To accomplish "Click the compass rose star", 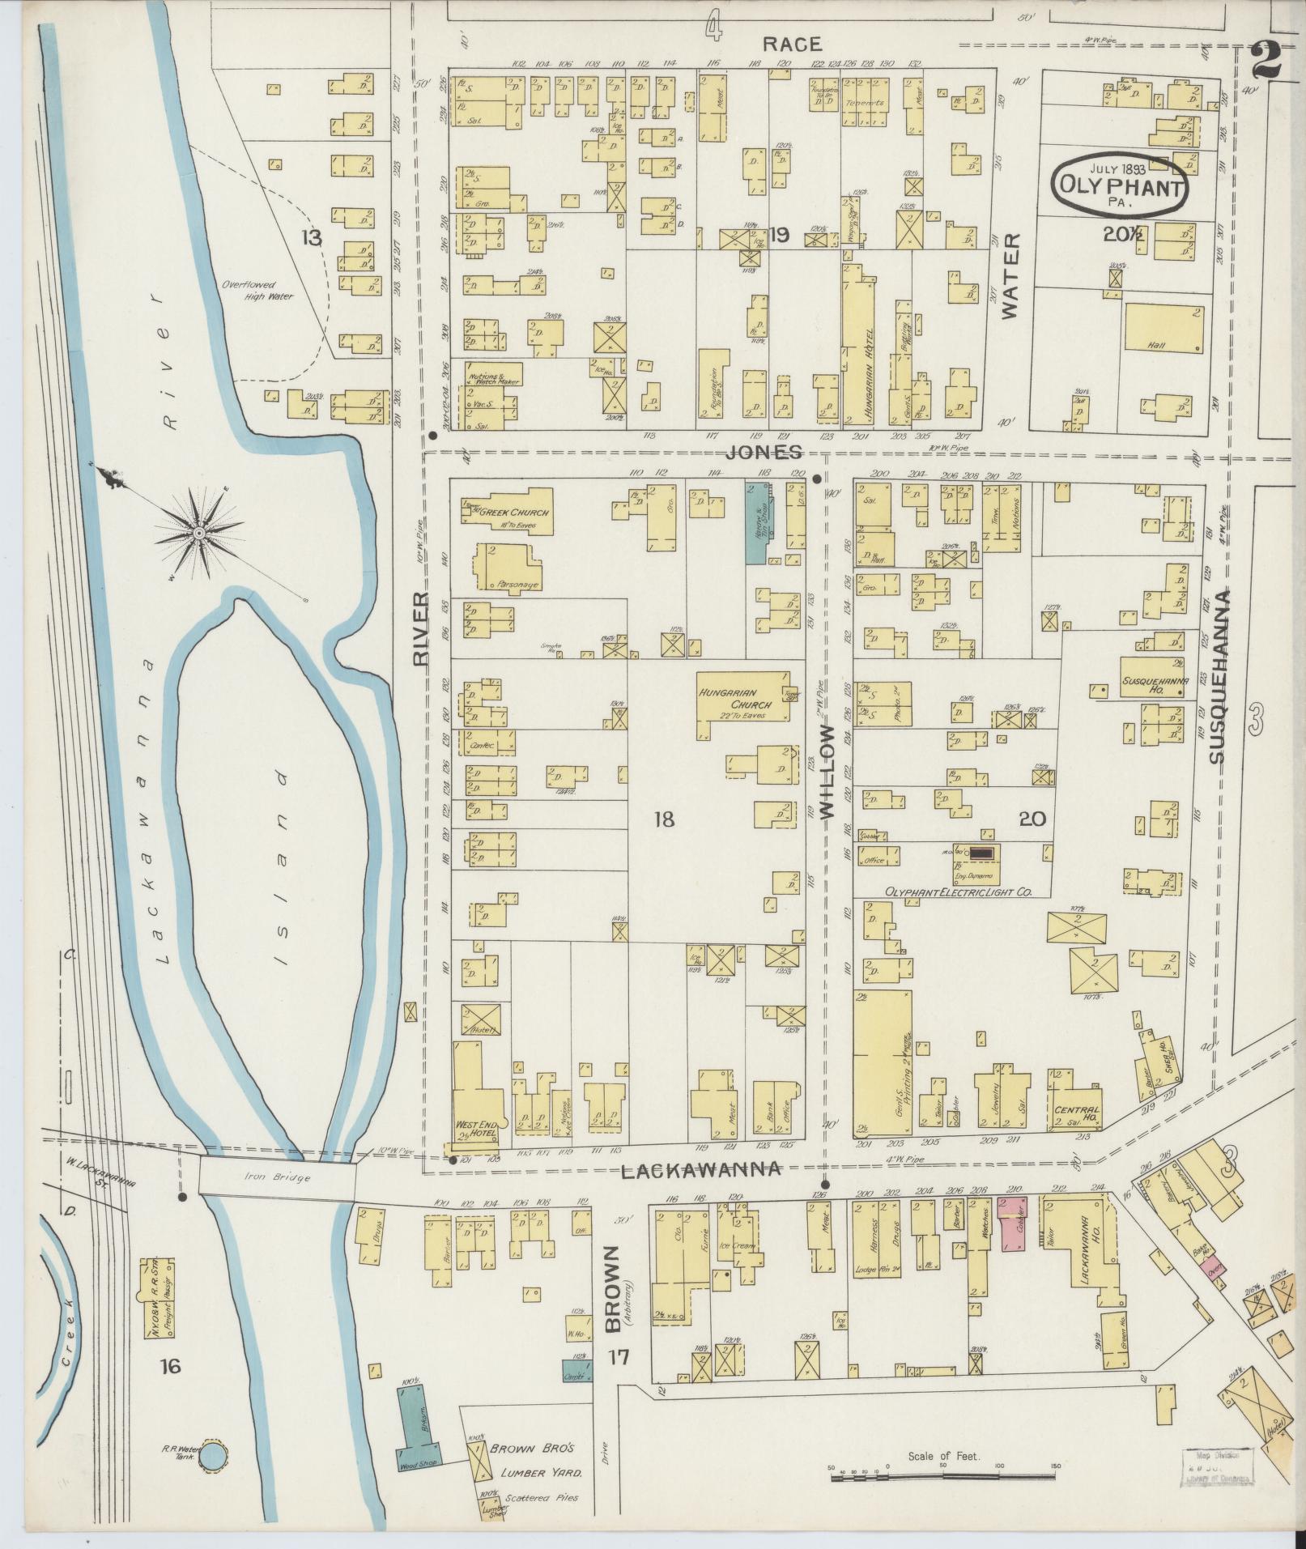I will point(198,531).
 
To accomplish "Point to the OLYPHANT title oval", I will point(1119,184).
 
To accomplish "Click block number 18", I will point(662,819).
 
